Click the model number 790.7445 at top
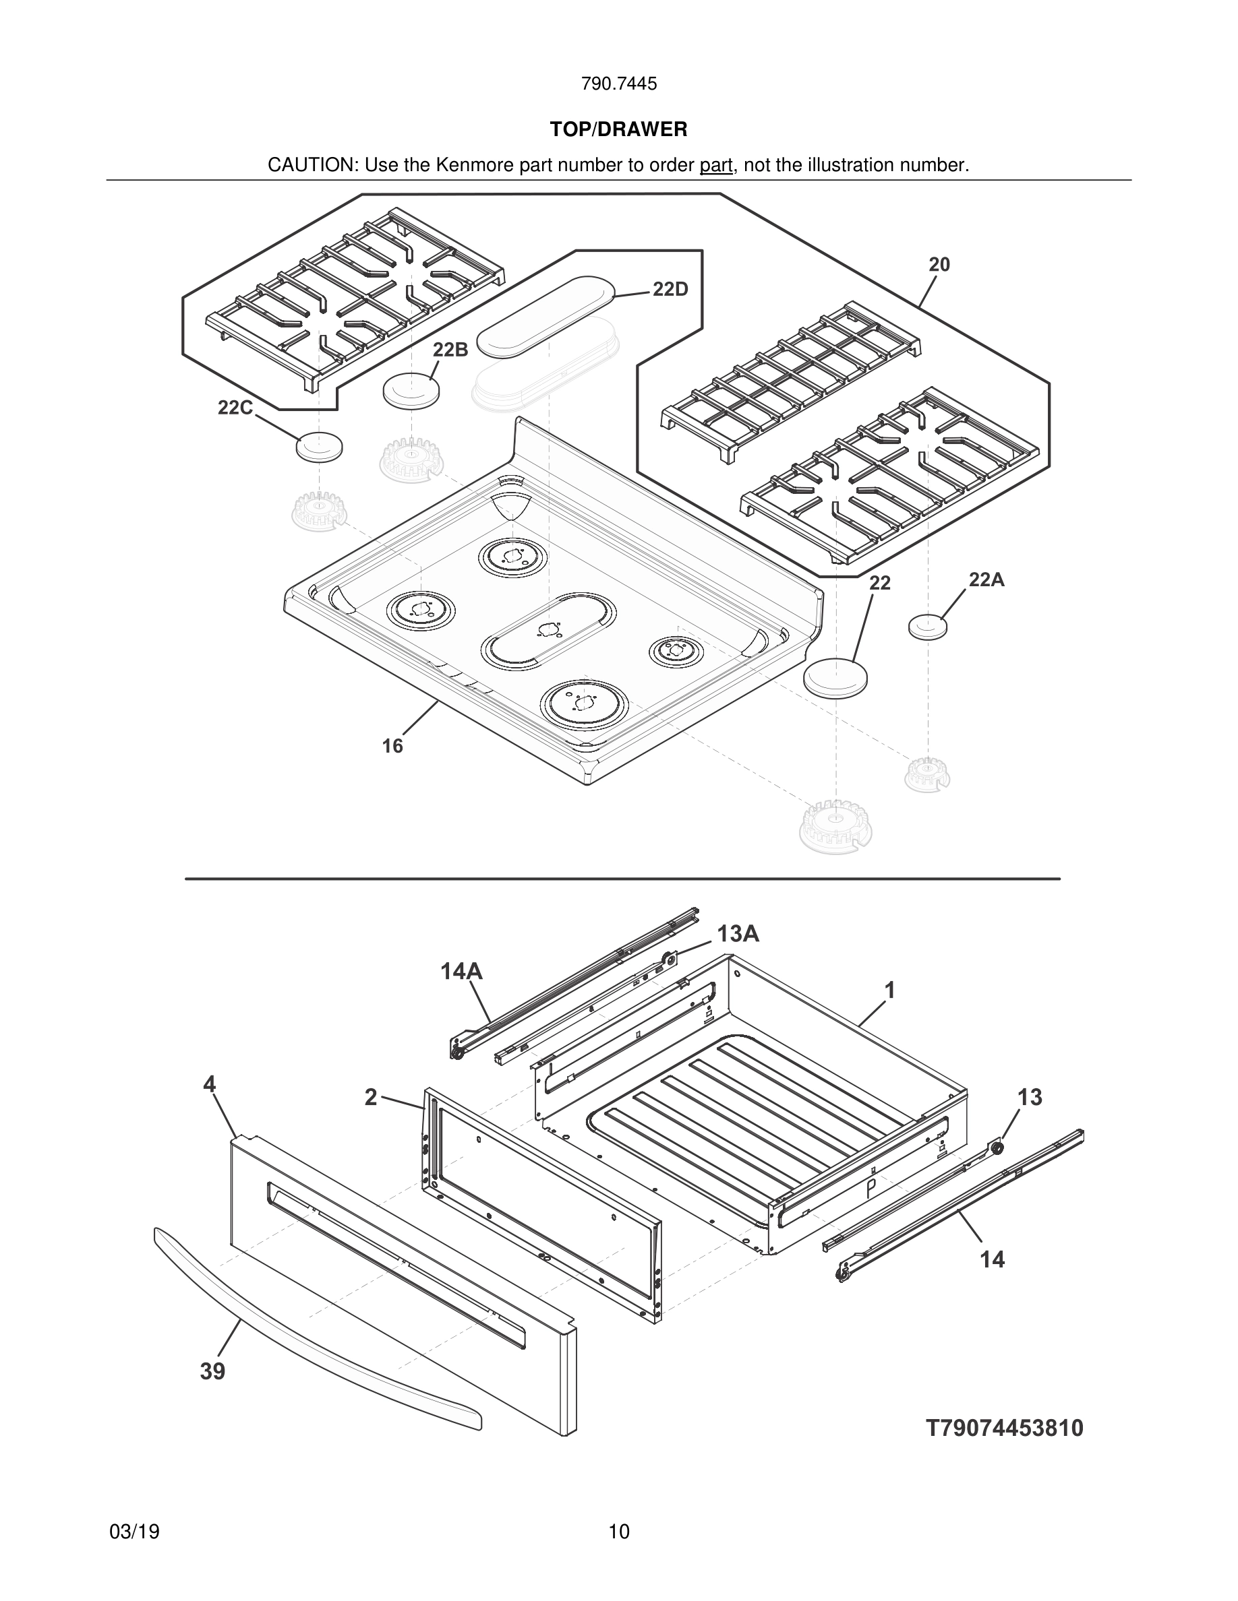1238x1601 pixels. pos(618,84)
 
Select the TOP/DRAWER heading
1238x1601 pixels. pos(618,130)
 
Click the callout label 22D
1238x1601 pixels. pos(670,290)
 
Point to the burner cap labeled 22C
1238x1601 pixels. pos(319,447)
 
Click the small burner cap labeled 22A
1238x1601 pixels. pos(927,627)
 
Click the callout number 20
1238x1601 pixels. pos(939,265)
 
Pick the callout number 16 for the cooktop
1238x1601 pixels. pos(392,745)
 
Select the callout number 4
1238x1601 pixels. pos(210,1084)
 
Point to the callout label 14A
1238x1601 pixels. pos(461,972)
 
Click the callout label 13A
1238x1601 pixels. pos(738,934)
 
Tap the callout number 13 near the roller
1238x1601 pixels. pos(1030,1098)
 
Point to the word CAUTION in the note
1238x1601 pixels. pos(311,166)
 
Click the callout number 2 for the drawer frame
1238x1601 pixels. pos(371,1098)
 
